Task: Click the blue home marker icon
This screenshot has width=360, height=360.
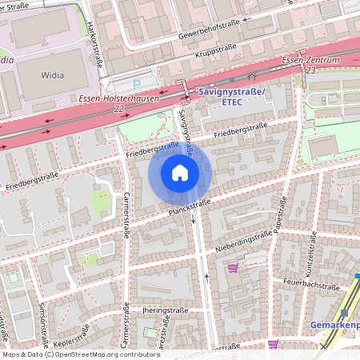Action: (x=180, y=173)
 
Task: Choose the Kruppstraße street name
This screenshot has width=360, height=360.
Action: (x=215, y=56)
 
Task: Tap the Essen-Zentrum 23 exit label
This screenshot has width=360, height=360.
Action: (x=312, y=66)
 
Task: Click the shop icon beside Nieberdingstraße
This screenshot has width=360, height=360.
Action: (x=233, y=268)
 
